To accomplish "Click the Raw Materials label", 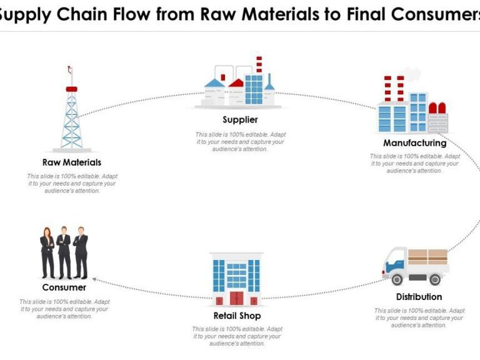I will [x=72, y=162].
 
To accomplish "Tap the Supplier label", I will [x=240, y=119].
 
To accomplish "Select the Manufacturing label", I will [x=415, y=142].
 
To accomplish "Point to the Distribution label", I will [x=419, y=297].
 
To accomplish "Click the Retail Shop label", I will [x=237, y=316].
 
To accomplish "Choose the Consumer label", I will [x=64, y=287].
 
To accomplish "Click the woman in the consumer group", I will [x=47, y=253].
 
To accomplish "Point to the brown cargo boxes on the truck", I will [x=427, y=257].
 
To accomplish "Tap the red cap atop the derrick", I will [x=71, y=89].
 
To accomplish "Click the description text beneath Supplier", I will [x=239, y=142].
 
